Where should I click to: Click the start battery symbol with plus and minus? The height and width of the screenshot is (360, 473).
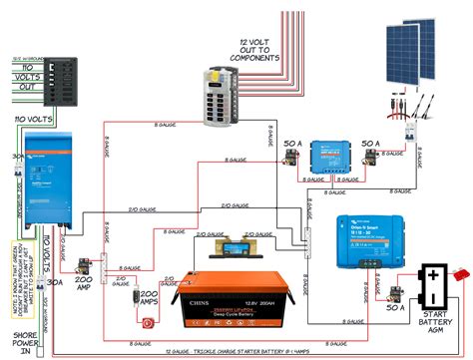(x=434, y=282)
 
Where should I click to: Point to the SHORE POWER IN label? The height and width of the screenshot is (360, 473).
(x=25, y=335)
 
